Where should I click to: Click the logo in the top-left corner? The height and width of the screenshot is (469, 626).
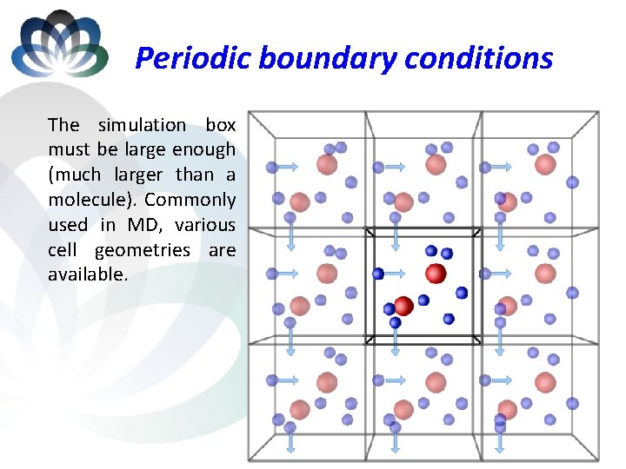[59, 43]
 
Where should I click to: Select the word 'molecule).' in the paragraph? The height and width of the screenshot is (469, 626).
[90, 200]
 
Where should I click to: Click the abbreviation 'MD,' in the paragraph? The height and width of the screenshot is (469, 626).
[144, 225]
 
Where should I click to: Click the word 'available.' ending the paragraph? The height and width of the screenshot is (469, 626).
[88, 274]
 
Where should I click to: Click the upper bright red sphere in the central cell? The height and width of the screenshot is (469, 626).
[436, 274]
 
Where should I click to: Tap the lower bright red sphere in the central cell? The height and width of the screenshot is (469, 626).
[403, 306]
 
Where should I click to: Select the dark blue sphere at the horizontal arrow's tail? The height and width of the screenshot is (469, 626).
[378, 274]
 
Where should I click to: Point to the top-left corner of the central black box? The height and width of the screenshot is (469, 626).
[367, 231]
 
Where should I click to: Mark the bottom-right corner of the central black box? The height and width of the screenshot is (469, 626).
[481, 339]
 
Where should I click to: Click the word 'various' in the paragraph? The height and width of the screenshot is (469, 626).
[204, 225]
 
